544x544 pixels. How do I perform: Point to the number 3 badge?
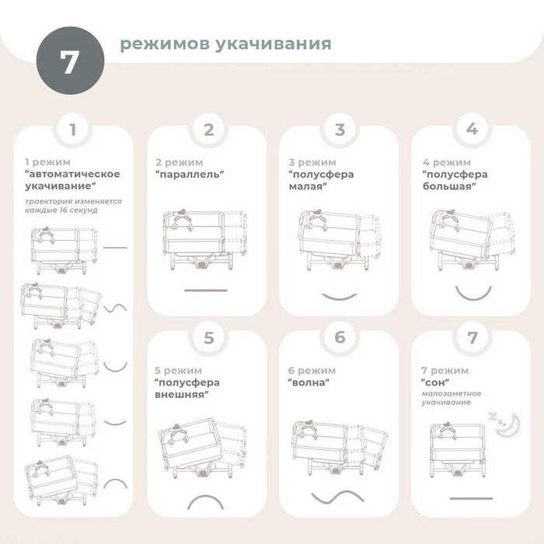point(340,130)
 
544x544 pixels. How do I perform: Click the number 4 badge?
point(471,130)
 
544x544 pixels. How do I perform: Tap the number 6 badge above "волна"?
point(340,338)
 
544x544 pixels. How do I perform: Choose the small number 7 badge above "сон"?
point(471,338)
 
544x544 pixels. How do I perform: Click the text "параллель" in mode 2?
point(190,175)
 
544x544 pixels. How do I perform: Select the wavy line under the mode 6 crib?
point(339,497)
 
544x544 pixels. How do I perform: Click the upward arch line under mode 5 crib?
point(207,500)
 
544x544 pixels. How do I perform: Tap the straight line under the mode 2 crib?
point(206,290)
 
